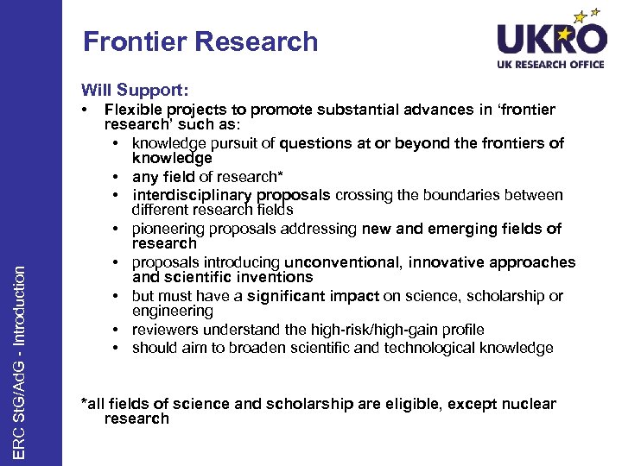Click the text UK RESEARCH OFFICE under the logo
[550, 65]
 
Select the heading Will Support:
[136, 90]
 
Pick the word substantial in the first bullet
[356, 110]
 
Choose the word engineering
[172, 311]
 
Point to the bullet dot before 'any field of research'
[115, 177]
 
